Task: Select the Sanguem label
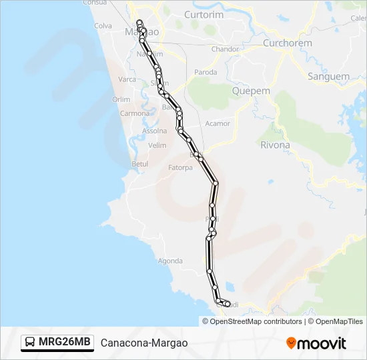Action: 328,77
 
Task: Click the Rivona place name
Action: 275,145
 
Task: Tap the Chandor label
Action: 225,49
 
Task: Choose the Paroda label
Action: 206,72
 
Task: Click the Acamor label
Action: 218,123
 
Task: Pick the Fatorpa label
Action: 180,167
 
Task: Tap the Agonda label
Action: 170,261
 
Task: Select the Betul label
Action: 140,163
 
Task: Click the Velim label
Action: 157,145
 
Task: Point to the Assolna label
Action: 155,131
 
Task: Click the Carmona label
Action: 135,113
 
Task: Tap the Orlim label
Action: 121,99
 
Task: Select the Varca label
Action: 127,79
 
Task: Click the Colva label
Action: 103,26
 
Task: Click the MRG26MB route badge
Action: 57,342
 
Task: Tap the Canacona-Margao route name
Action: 144,343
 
